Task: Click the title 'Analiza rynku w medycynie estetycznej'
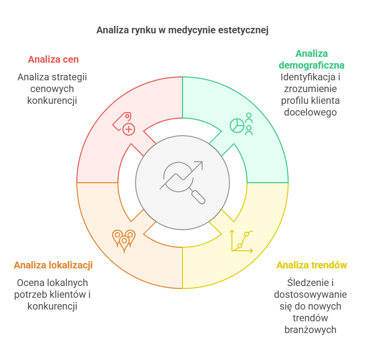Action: click(x=182, y=30)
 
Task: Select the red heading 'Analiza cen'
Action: click(x=53, y=59)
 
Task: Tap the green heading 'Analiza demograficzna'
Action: click(x=312, y=59)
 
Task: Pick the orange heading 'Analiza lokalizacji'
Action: click(x=53, y=265)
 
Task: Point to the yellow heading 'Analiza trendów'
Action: click(x=312, y=265)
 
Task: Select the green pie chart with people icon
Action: click(x=241, y=124)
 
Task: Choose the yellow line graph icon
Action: click(x=242, y=241)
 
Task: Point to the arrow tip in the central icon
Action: click(x=200, y=164)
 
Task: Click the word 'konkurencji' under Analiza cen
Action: click(x=53, y=100)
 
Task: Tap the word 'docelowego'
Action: click(x=312, y=112)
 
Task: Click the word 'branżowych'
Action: click(x=311, y=330)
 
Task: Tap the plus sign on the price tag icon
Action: click(x=129, y=129)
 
